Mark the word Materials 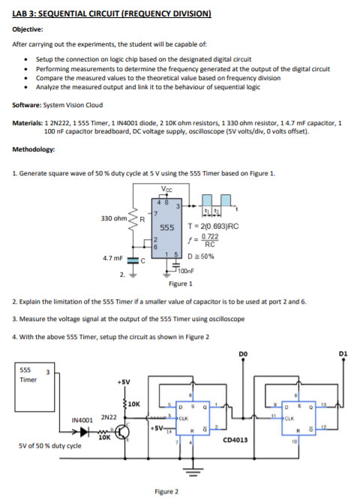28,123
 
